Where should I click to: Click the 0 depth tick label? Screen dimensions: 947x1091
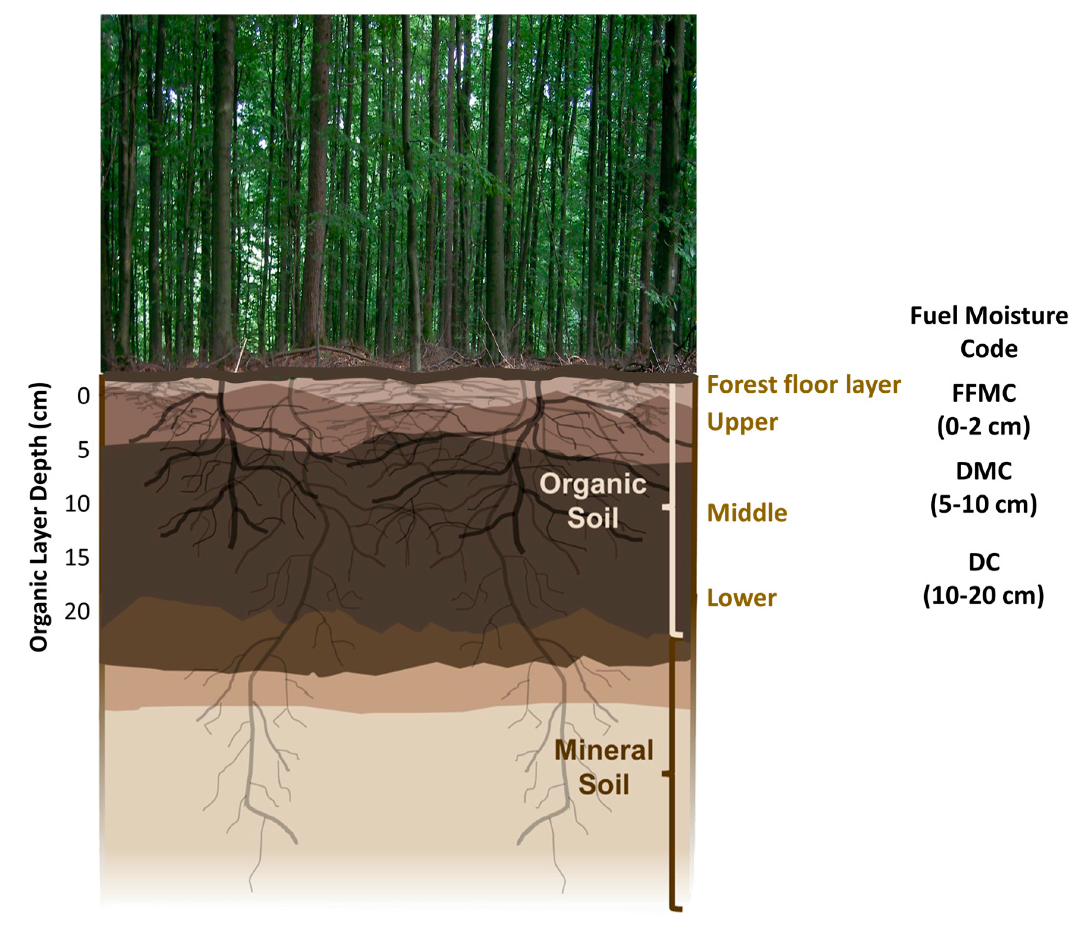(x=83, y=395)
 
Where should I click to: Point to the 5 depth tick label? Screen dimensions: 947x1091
(x=83, y=450)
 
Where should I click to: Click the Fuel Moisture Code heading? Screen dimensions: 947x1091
(x=989, y=332)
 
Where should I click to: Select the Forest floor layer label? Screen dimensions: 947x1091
(x=803, y=384)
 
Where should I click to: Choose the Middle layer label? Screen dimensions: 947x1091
(x=747, y=513)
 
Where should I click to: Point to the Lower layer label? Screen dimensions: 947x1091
(x=741, y=598)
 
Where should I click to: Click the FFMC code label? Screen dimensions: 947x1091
(x=984, y=393)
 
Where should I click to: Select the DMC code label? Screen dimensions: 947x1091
(x=984, y=471)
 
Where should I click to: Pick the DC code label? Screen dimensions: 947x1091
(x=984, y=562)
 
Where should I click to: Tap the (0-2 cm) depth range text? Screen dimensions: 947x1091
(x=984, y=426)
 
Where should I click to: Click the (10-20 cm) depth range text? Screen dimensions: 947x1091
(x=984, y=596)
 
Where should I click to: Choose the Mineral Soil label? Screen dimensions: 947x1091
(x=604, y=767)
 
